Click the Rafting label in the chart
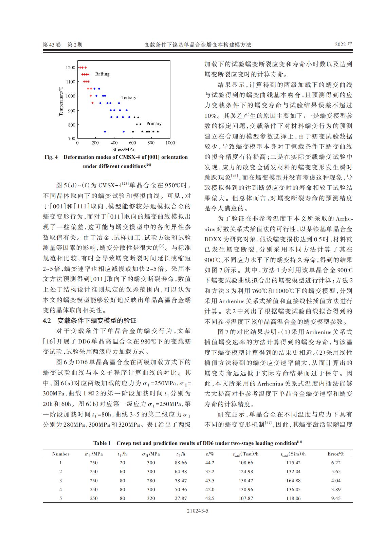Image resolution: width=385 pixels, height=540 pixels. point(102,74)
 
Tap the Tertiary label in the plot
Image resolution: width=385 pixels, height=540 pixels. point(129,97)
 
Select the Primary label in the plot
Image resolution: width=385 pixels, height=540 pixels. point(154,124)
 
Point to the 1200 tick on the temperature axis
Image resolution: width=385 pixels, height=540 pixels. point(71,68)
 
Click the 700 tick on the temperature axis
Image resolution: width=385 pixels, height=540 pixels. point(71,138)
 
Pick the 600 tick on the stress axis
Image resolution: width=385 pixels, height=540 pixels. point(133,143)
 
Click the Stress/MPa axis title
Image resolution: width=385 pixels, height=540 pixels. point(123,149)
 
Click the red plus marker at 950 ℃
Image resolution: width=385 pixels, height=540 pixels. point(92,103)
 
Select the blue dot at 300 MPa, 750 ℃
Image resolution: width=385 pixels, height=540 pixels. point(105,131)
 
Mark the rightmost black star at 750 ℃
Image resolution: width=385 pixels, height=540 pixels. point(158,132)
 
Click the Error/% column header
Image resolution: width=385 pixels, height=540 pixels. point(336,454)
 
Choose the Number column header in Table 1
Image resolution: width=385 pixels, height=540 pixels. point(61,454)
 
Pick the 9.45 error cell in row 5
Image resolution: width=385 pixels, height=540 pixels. point(336,498)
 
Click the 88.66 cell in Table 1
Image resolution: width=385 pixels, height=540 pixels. point(181,463)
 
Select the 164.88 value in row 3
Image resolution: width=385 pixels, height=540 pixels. point(293,481)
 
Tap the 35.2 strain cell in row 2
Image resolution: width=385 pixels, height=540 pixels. point(210,471)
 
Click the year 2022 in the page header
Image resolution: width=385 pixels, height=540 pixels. point(341,44)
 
